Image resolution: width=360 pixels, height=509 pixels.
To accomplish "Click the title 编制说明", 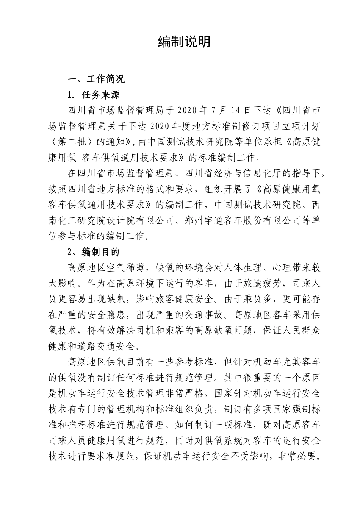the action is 184,42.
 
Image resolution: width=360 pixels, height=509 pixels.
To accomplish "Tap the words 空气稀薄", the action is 125,268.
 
